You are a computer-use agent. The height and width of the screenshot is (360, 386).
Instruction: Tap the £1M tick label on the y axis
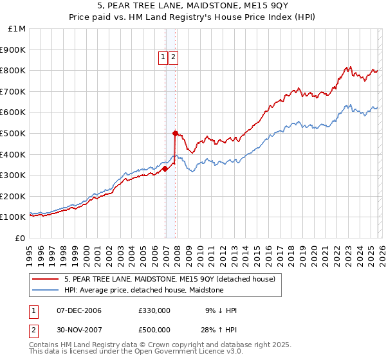15,29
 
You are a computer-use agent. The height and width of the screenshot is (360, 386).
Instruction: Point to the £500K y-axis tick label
12,133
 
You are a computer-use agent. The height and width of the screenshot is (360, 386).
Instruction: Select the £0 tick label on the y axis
20,238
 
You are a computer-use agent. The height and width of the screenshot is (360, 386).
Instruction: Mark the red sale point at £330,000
165,169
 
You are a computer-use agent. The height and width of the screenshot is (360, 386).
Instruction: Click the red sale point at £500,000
175,133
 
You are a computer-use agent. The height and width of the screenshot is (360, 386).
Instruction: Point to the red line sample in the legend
46,279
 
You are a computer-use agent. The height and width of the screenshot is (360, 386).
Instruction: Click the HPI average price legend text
143,290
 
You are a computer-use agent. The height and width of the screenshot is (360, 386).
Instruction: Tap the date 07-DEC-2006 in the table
78,310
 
